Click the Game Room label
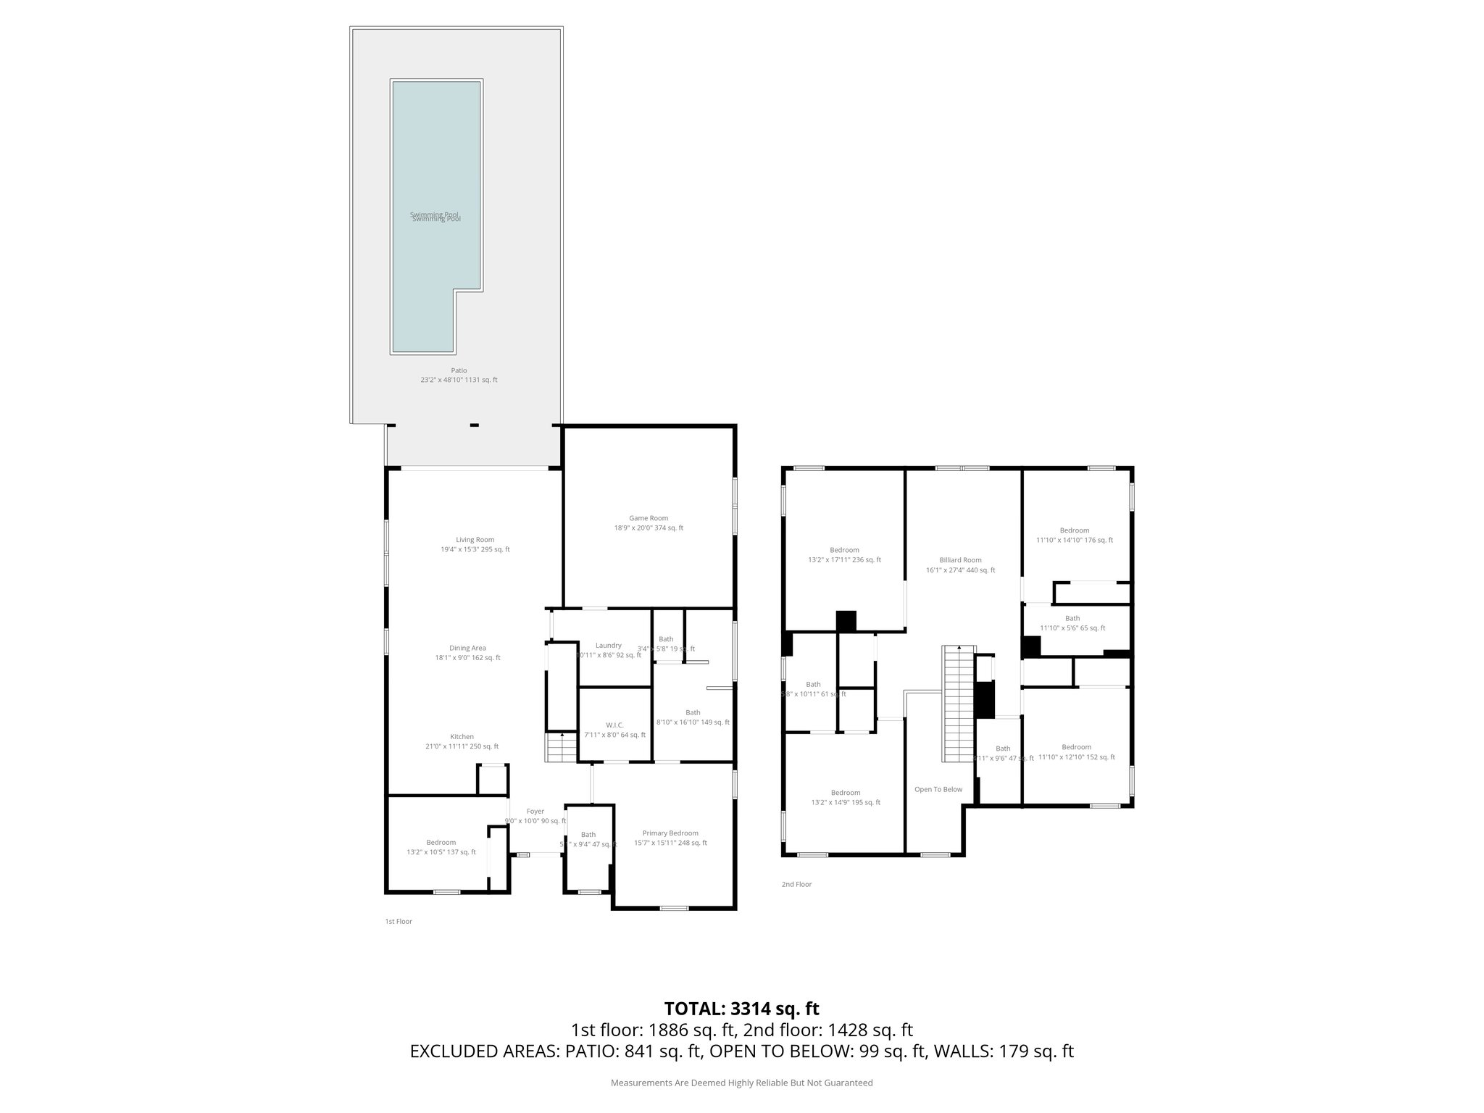point(648,518)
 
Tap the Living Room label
point(475,539)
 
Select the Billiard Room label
point(960,560)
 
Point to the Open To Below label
point(938,789)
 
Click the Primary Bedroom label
point(670,833)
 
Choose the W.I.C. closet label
point(614,725)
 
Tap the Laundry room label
point(608,646)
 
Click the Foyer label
point(535,812)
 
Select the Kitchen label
point(462,737)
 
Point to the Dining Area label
point(467,648)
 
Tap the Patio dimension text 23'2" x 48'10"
point(459,380)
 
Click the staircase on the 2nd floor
point(957,703)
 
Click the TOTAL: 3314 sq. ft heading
point(741,1009)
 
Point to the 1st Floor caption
point(398,922)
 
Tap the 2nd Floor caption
point(796,885)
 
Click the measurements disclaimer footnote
point(741,1083)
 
